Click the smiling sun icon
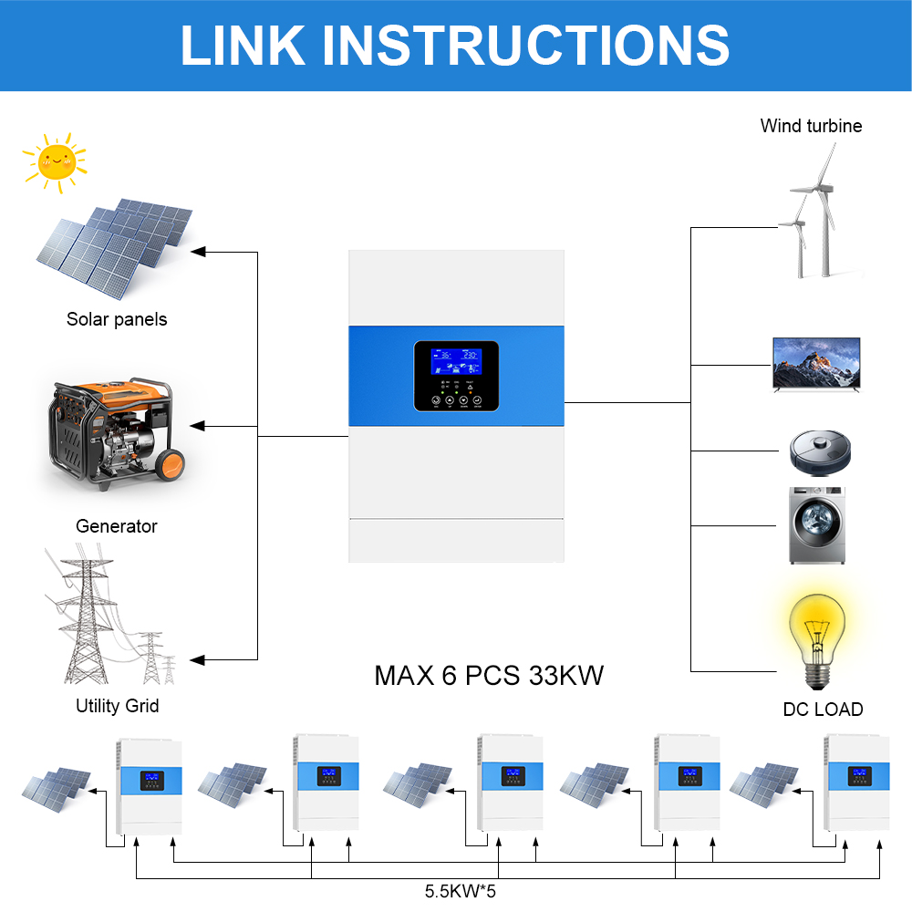click(x=54, y=161)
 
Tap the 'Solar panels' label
click(x=117, y=319)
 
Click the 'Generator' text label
click(x=116, y=526)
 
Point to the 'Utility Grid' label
click(x=117, y=706)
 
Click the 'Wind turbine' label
click(x=811, y=126)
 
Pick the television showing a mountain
click(x=816, y=364)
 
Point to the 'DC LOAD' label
click(x=823, y=710)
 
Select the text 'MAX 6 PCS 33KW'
click(x=489, y=676)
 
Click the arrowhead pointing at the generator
click(x=198, y=426)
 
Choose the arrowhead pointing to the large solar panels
click(x=197, y=250)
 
